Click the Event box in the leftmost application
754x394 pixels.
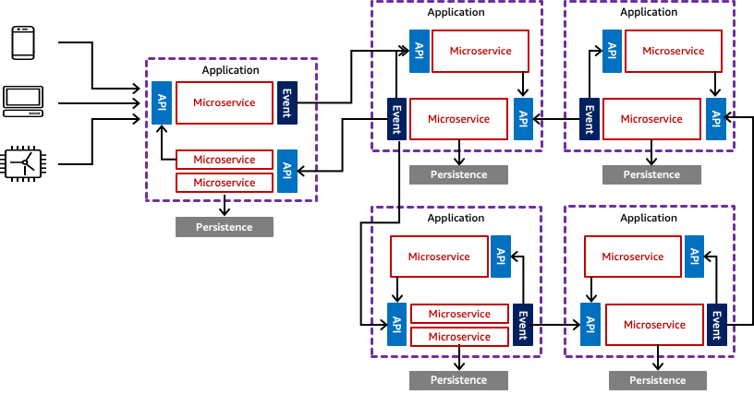(287, 101)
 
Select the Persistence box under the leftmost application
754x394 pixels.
(225, 227)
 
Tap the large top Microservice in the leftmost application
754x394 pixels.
(225, 102)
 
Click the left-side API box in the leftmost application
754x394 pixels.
(163, 102)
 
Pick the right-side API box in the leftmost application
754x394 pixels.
(287, 171)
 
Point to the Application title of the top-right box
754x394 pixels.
(649, 12)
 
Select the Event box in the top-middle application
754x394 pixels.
(396, 118)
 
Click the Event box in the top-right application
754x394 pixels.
(590, 118)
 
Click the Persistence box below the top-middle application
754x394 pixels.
(459, 174)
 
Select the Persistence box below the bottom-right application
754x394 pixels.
(658, 380)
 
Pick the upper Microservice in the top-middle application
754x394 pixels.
(480, 51)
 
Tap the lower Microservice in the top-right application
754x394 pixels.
(651, 119)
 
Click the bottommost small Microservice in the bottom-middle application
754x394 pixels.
(459, 337)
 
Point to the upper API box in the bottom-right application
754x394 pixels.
(693, 256)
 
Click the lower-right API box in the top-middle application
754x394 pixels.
(523, 118)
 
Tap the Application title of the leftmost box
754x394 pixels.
(231, 70)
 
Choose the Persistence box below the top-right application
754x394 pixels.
(651, 174)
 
